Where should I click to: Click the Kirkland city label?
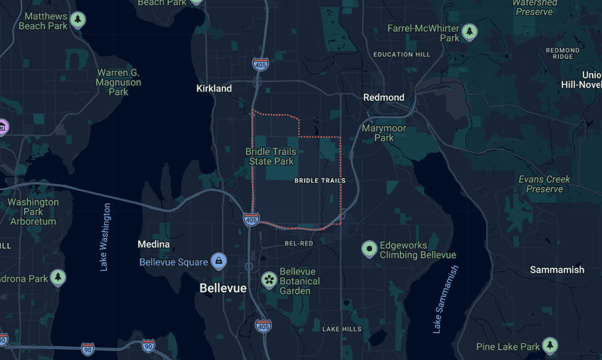pos(214,88)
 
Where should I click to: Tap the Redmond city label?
pos(384,97)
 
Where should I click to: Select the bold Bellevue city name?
pos(223,288)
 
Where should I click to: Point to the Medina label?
pos(154,244)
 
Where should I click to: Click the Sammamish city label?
pos(557,270)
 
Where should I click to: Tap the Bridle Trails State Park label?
pos(271,157)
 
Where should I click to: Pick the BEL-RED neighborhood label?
pos(299,244)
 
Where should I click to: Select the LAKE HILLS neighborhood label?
pos(342,329)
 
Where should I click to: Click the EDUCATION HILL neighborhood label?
pos(402,54)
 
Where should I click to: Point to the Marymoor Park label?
pos(384,133)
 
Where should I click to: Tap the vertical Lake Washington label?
pos(104,237)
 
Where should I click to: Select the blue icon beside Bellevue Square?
pos(219,262)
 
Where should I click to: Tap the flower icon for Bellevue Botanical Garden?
pos(268,280)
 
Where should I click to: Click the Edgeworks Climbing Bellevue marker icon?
pos(369,249)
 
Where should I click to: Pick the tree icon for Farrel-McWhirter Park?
pos(470,31)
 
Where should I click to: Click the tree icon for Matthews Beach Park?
pos(78,21)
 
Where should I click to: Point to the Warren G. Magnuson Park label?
pos(118,82)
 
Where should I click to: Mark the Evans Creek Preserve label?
pos(544,184)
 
